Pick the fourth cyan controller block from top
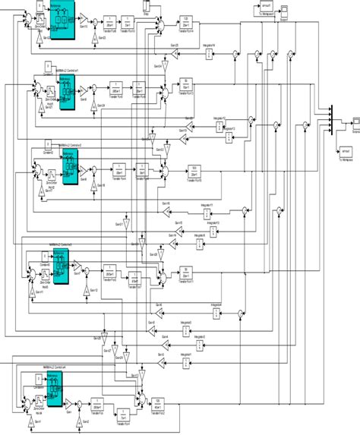pyautogui.click(x=68, y=267)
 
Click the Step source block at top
pyautogui.click(x=147, y=8)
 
